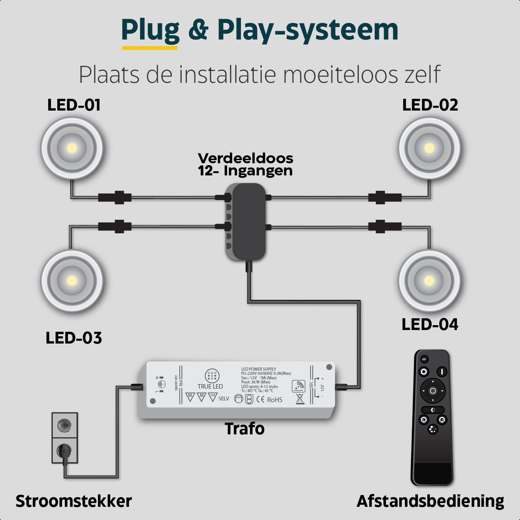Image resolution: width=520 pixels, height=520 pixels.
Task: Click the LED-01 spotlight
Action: [x=72, y=148]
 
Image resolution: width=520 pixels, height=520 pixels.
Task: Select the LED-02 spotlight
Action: [x=429, y=148]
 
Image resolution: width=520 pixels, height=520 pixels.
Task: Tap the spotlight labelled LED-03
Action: [x=72, y=280]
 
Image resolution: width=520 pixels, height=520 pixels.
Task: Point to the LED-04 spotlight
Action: [x=429, y=280]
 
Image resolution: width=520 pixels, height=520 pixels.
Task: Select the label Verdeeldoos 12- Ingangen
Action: [x=245, y=165]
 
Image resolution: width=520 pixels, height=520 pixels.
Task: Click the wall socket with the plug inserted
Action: [x=64, y=451]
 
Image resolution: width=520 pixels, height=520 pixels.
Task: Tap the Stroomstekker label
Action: [x=73, y=501]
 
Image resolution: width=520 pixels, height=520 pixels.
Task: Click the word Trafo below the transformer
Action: [x=244, y=429]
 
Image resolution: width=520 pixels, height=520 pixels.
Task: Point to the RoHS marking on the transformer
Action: [x=275, y=400]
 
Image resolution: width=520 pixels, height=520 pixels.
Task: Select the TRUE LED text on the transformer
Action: [x=210, y=386]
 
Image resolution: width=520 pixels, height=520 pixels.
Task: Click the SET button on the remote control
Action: [x=424, y=359]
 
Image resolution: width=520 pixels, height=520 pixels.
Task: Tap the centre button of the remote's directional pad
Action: [x=433, y=391]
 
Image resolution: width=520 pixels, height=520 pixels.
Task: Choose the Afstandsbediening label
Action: [x=430, y=501]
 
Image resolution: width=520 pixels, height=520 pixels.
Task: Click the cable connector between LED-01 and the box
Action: [x=115, y=198]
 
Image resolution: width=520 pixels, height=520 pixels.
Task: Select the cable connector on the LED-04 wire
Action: [x=385, y=227]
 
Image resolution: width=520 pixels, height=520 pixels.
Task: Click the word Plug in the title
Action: [x=150, y=31]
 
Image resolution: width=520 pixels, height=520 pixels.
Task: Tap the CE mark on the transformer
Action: [x=260, y=399]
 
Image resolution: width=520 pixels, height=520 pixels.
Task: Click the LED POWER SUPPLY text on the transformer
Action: [x=259, y=369]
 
